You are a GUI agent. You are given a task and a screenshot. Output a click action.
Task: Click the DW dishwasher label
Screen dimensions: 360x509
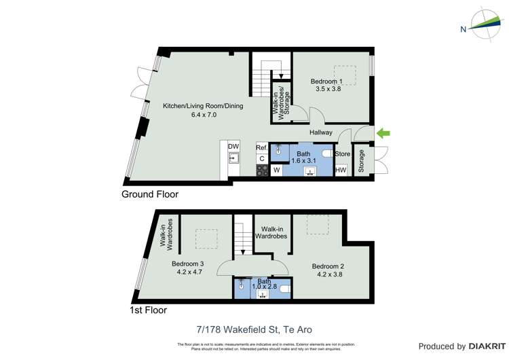[233, 147]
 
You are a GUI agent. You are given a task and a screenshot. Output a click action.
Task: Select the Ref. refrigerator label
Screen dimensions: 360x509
[261, 147]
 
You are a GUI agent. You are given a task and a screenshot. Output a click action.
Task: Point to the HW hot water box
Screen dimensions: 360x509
[341, 170]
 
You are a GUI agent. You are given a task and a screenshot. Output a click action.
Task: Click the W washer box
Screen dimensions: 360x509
[277, 170]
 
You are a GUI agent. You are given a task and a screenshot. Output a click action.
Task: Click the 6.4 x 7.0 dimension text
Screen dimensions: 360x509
[203, 115]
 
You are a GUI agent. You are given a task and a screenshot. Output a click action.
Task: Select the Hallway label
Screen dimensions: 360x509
[321, 133]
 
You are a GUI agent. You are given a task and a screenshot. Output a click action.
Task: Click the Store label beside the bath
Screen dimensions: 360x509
[343, 154]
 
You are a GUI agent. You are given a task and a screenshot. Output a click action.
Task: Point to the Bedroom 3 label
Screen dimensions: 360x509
[188, 264]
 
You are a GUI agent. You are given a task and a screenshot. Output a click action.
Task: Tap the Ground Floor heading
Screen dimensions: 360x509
[150, 194]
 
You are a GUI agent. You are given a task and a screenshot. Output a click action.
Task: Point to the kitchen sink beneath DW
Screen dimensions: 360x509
[233, 159]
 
